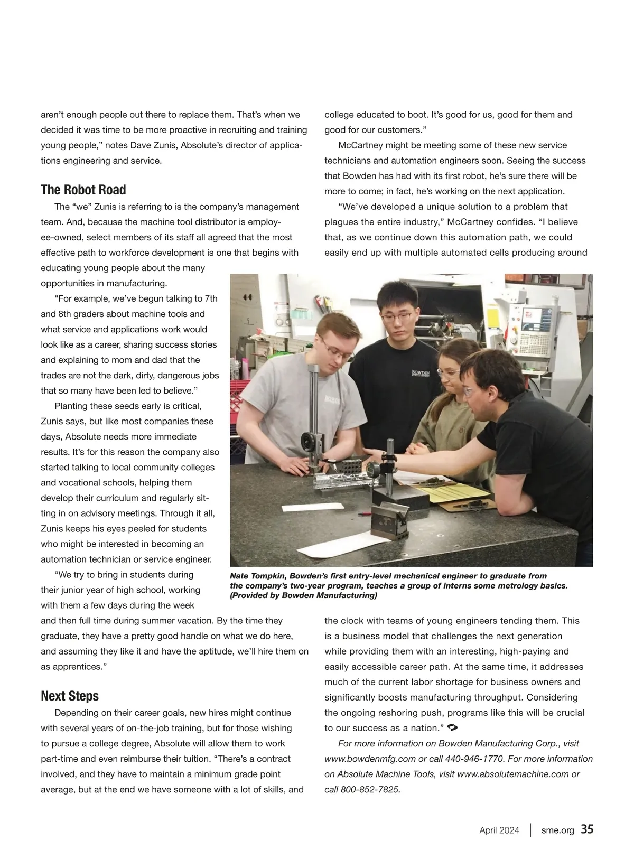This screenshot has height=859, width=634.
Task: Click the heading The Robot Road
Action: [x=83, y=190]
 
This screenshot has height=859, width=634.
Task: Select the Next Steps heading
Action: [x=70, y=696]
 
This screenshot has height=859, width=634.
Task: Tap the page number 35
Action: [x=587, y=829]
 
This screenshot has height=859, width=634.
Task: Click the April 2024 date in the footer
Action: [x=499, y=830]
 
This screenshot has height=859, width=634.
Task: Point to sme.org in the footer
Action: [x=557, y=830]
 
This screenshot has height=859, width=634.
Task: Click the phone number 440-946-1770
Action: [x=474, y=759]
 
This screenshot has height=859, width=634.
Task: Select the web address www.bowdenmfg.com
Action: [x=370, y=759]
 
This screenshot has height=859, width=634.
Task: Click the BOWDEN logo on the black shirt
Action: [x=421, y=374]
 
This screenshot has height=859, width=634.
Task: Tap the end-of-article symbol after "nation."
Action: [x=452, y=728]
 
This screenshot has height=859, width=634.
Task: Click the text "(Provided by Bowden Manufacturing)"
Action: [x=303, y=596]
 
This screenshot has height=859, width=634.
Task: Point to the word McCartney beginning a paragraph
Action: [x=362, y=145]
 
